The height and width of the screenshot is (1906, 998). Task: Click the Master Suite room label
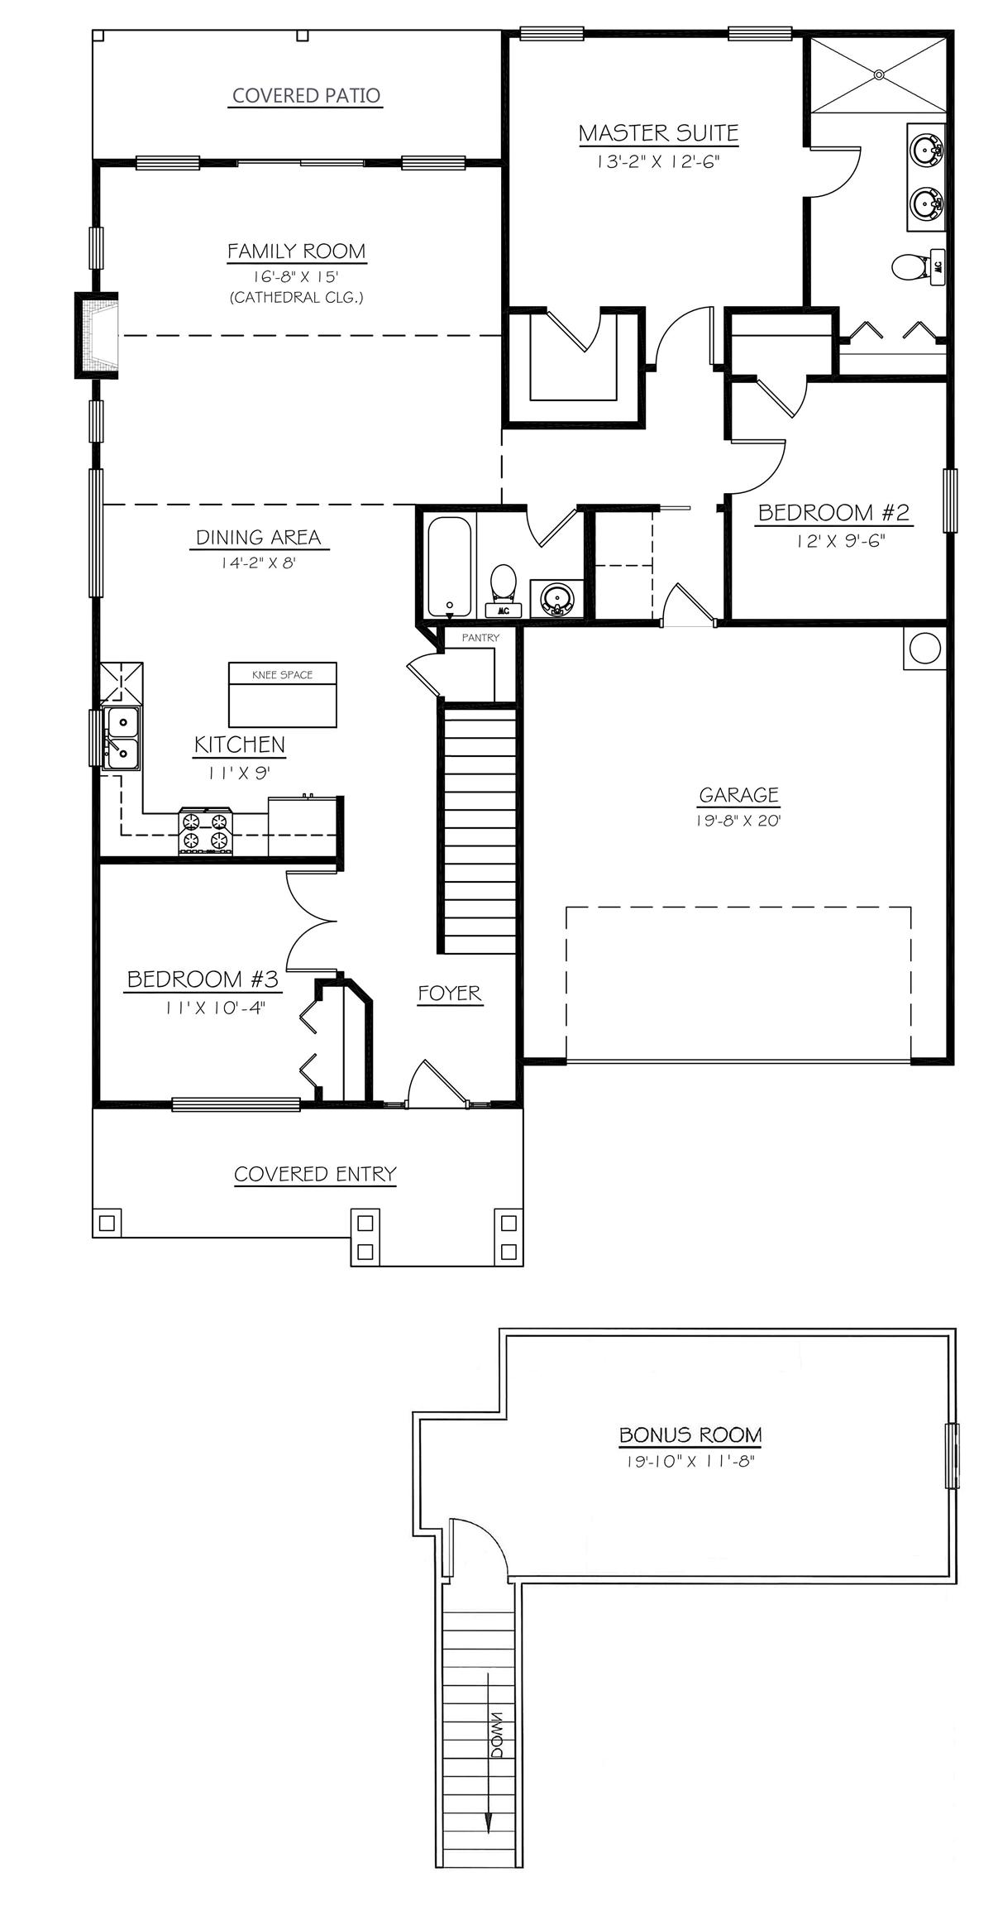658,133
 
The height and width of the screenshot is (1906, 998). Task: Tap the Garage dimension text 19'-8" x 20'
738,821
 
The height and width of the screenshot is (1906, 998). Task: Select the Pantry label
480,637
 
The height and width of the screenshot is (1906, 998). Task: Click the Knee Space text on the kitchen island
282,675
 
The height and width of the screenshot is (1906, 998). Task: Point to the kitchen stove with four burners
205,831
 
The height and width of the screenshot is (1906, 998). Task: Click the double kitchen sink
121,738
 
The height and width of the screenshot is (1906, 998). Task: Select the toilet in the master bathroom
911,267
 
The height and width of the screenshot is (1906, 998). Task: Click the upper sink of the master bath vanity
925,151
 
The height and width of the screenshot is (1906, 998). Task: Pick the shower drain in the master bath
879,75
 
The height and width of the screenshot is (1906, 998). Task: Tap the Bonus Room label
690,1435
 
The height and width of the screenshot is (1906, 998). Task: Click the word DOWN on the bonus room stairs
498,1734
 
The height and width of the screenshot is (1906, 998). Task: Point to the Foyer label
449,994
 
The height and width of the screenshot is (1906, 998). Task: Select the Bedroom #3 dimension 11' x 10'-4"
203,1008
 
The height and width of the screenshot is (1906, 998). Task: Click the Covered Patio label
306,96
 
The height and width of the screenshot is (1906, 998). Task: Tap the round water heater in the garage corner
924,648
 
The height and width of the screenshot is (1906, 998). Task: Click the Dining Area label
258,538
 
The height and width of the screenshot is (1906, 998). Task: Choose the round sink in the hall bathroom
556,598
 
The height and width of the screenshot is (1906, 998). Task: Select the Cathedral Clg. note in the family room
296,298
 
